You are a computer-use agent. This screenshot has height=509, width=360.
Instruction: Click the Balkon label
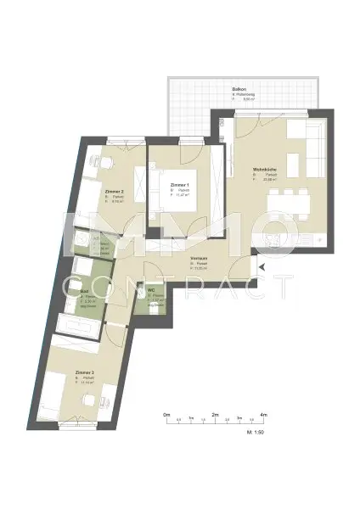click(240, 88)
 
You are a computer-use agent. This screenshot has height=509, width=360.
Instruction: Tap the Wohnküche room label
click(262, 170)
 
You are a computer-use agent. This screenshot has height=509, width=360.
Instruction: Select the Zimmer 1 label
click(179, 184)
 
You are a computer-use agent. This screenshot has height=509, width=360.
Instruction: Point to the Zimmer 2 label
click(115, 192)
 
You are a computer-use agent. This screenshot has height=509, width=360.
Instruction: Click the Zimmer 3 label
click(85, 372)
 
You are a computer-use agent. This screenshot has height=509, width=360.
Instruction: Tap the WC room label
click(151, 291)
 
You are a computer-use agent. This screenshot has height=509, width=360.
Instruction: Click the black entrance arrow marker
click(262, 268)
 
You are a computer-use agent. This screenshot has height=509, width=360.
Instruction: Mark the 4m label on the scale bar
click(265, 414)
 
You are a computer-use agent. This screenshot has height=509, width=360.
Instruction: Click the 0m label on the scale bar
click(167, 414)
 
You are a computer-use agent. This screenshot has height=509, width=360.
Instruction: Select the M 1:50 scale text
click(253, 433)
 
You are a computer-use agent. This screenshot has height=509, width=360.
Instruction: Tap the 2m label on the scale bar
click(216, 414)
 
